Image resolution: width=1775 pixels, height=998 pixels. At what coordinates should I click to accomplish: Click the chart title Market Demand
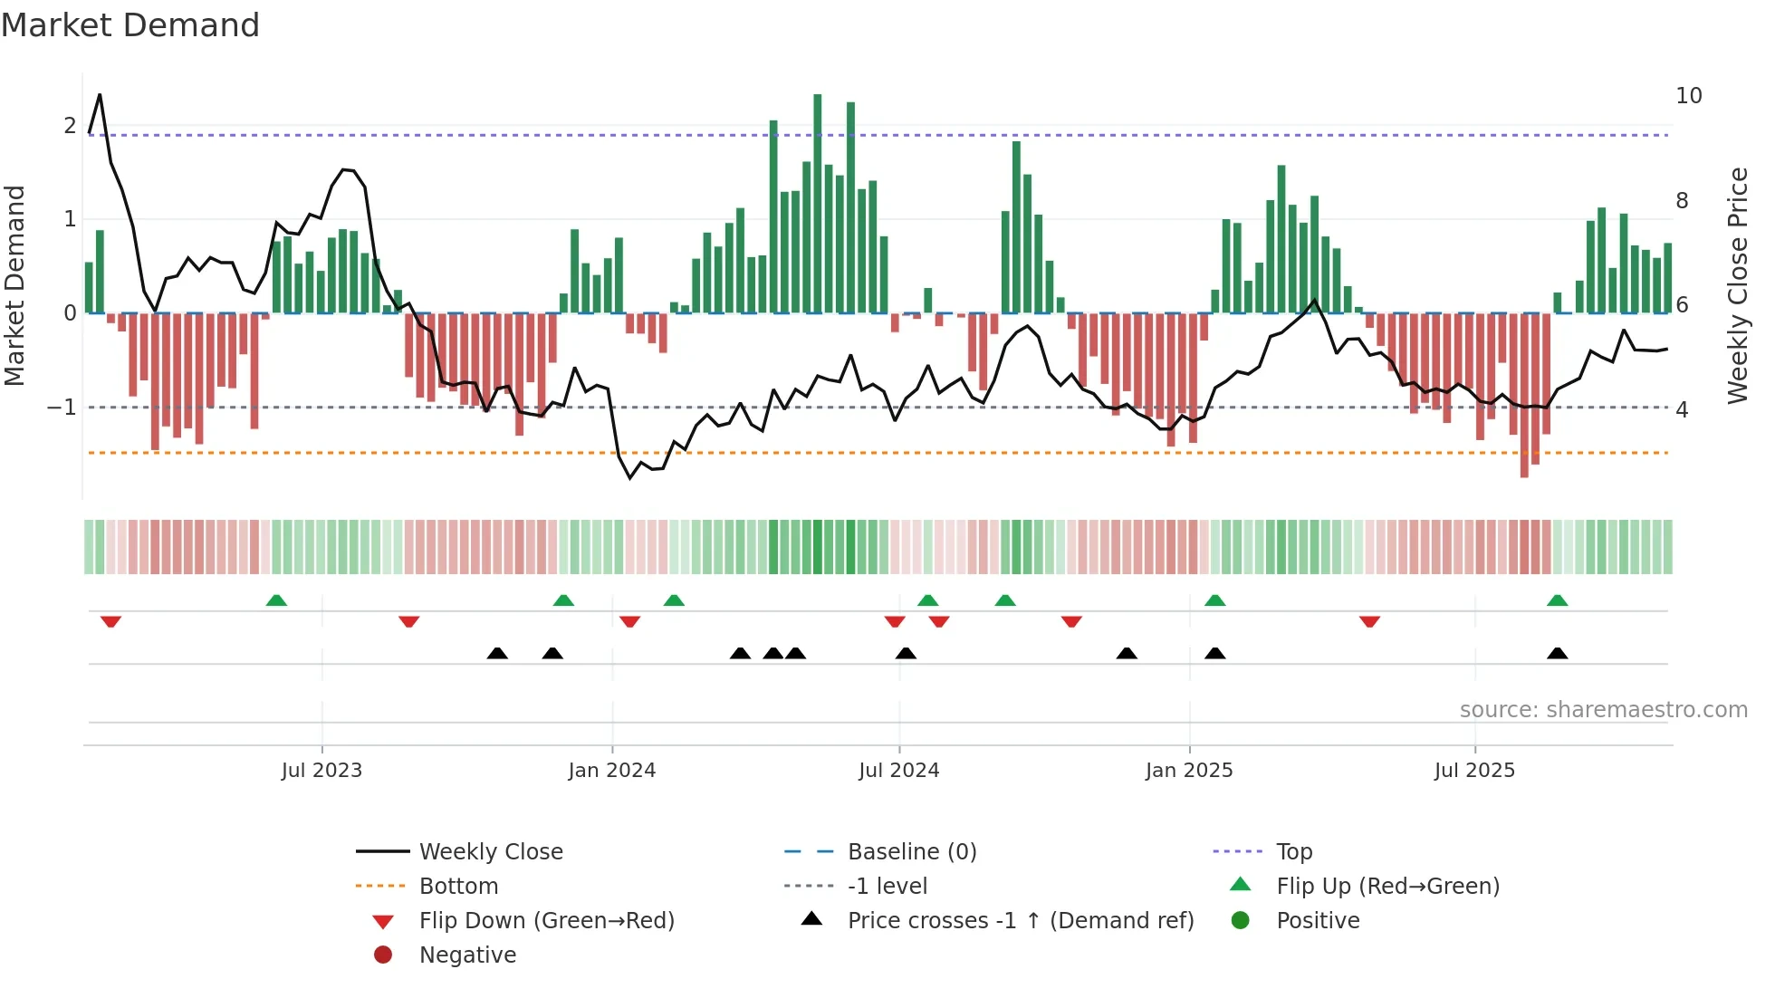(130, 25)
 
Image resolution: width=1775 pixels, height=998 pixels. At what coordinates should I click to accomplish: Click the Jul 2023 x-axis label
(321, 771)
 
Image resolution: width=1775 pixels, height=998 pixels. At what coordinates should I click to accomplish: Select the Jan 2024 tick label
(611, 771)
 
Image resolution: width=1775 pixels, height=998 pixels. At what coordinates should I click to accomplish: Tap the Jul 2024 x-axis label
(898, 771)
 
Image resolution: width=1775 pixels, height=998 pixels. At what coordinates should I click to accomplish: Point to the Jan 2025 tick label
(1188, 771)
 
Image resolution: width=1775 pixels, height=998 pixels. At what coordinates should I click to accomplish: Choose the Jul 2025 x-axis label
(1474, 771)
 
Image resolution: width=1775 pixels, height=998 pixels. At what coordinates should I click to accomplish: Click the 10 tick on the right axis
(1688, 96)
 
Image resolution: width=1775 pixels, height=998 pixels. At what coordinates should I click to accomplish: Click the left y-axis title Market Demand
(15, 285)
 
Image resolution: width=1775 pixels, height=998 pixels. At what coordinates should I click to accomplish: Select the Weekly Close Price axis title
(1737, 285)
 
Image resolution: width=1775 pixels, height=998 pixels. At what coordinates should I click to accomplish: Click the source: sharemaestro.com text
(1603, 710)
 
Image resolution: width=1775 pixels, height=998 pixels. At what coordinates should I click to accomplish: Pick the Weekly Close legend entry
(490, 852)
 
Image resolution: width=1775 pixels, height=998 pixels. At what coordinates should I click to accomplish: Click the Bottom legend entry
(458, 887)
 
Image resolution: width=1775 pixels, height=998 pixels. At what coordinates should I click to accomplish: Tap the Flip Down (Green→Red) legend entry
(546, 921)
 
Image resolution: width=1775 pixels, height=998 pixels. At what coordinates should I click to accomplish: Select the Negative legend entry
(467, 955)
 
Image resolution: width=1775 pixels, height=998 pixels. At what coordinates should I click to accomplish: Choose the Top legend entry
(1293, 852)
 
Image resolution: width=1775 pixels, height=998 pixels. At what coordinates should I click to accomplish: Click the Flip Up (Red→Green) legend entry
(1387, 887)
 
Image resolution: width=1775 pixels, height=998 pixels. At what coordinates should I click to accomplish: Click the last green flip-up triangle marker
(1557, 600)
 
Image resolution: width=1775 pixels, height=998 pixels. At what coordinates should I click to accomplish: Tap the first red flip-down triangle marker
(110, 621)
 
